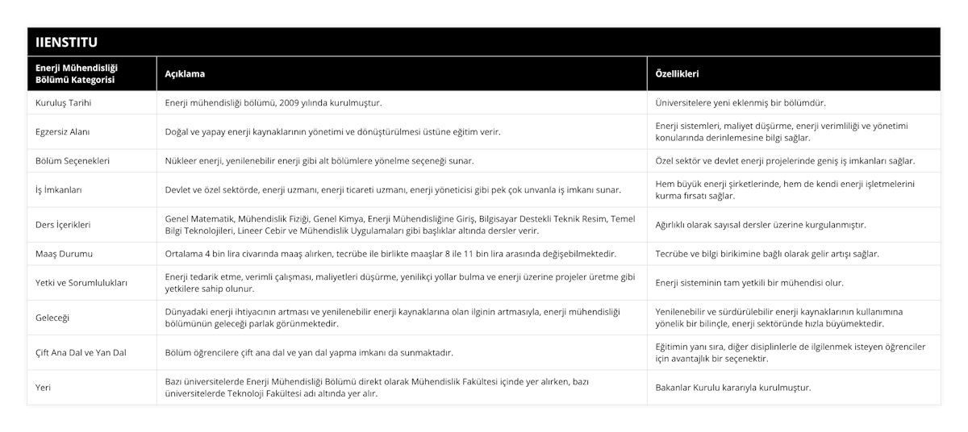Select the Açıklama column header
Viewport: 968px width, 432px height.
[x=185, y=73]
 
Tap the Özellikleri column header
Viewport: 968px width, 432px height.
[x=677, y=73]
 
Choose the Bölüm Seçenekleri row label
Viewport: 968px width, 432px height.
[x=73, y=160]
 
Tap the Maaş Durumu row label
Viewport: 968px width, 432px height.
[x=64, y=253]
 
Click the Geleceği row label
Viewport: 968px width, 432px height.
[x=52, y=318]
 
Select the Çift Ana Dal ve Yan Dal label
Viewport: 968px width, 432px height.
[x=81, y=352]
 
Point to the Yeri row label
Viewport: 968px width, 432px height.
[x=44, y=387]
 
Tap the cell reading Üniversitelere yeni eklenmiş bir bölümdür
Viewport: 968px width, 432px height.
[x=741, y=102]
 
